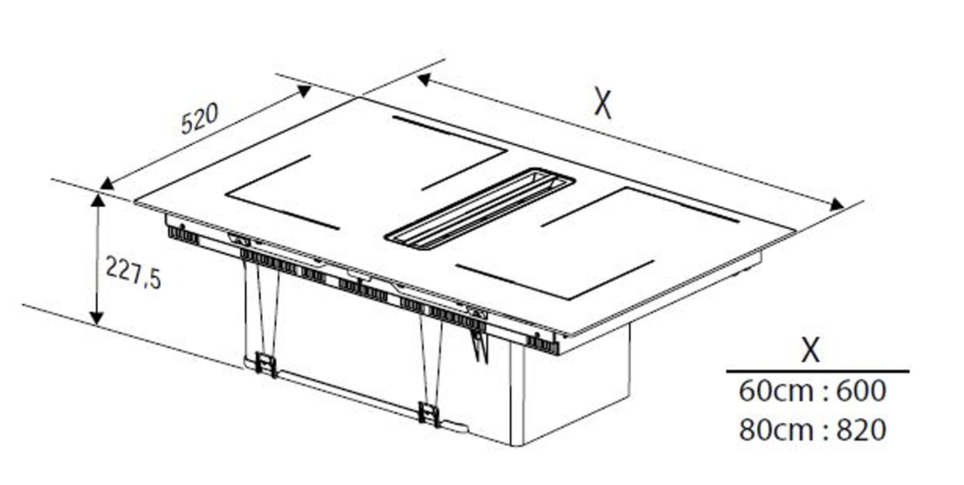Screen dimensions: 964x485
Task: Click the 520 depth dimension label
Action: (200, 118)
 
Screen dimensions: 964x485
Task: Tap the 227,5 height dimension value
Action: (133, 272)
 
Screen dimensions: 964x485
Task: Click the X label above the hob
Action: (602, 103)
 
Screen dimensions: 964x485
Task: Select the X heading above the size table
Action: (811, 350)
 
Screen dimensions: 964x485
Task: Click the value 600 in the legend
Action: (861, 391)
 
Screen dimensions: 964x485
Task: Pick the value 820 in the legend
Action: (861, 429)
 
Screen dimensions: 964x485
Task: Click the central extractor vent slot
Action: (480, 209)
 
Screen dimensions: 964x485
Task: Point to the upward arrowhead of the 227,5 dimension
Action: (99, 200)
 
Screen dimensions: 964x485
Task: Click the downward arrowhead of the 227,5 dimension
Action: (97, 318)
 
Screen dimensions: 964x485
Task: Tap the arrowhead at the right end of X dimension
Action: (837, 205)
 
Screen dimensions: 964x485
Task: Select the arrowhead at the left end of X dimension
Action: (424, 79)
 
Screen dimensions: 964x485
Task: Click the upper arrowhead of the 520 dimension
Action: (304, 90)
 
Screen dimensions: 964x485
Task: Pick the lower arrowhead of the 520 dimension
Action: (107, 184)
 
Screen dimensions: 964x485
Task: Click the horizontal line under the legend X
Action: (818, 371)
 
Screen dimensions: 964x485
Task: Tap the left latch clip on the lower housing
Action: (266, 364)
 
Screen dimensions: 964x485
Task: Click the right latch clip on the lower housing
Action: (429, 414)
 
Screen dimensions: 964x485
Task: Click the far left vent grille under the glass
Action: (183, 235)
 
